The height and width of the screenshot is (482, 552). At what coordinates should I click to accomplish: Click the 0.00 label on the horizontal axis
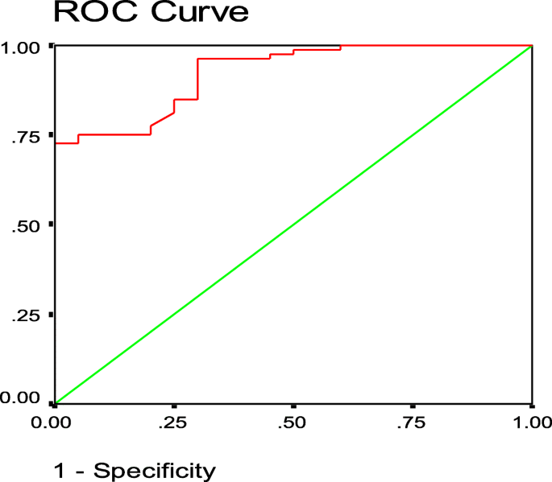pos(54,421)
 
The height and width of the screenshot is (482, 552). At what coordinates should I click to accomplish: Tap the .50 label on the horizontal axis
pos(293,421)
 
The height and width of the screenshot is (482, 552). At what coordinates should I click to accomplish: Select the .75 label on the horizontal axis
pos(413,421)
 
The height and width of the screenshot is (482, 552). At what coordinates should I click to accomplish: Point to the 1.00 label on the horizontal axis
pos(530,421)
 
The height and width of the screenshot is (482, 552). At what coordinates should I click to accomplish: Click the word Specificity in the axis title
pos(155,471)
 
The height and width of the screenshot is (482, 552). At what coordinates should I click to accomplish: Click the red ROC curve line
pos(113,134)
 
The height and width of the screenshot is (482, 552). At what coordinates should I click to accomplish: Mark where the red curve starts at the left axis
pos(55,143)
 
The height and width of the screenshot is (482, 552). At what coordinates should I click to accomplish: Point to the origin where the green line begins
pos(54,402)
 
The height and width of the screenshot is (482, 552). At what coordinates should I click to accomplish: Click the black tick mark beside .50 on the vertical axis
pos(52,225)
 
